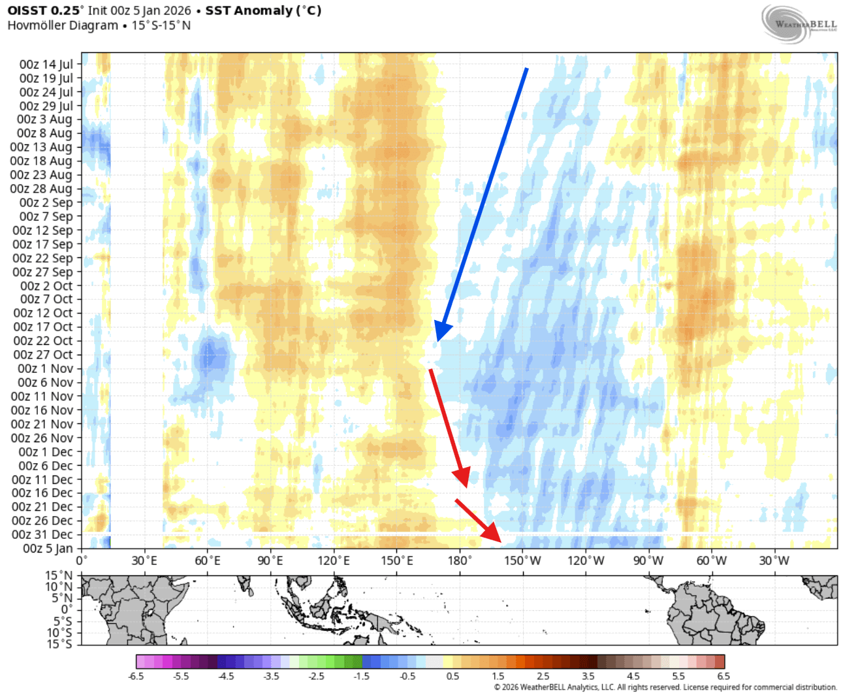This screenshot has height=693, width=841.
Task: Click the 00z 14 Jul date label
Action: [46, 64]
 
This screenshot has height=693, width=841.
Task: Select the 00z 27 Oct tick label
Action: [43, 355]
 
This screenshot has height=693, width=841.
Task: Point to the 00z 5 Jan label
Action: [48, 549]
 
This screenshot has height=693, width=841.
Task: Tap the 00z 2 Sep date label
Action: [46, 202]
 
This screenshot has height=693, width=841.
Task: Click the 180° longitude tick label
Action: [460, 560]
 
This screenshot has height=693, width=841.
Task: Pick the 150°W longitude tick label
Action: [522, 560]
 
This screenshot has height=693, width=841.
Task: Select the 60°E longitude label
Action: [207, 560]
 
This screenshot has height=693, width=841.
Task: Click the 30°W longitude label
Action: [774, 560]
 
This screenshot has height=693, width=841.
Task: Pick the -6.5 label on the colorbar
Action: [136, 676]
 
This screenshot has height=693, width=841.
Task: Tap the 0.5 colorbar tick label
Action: [452, 676]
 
